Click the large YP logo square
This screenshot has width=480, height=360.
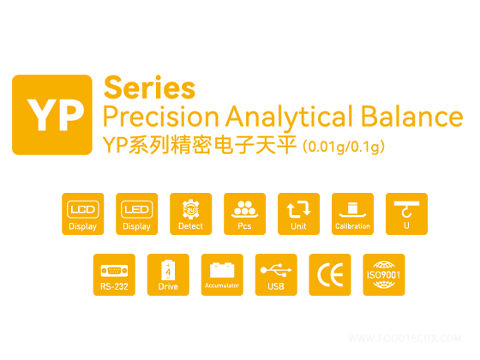tap(51, 114)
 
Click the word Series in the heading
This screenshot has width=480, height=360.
tap(148, 87)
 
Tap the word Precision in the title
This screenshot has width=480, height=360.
tap(152, 117)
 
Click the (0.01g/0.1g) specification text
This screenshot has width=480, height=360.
tap(344, 147)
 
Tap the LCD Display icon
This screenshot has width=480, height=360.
tap(83, 214)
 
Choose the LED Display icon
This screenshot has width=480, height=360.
tap(137, 214)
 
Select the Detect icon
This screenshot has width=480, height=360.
tap(191, 214)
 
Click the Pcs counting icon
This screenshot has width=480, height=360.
tap(245, 214)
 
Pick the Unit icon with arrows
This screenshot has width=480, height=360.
tap(299, 214)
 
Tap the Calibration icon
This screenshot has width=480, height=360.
tap(353, 214)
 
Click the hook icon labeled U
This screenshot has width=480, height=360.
tap(407, 214)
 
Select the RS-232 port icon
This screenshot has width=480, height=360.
tap(114, 275)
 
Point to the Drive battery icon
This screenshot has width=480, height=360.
tap(168, 275)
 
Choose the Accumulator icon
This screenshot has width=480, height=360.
tap(222, 275)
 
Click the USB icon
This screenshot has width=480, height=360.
tap(276, 275)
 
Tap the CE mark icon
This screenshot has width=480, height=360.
tap(330, 275)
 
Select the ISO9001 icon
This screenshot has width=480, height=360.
tap(384, 275)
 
